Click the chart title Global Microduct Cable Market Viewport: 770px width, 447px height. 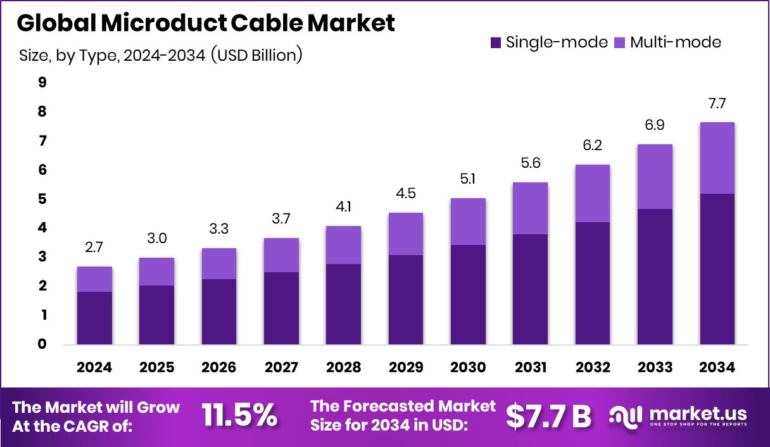(x=205, y=23)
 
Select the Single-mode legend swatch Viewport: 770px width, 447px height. (x=496, y=43)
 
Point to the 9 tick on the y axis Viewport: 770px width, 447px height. (x=42, y=82)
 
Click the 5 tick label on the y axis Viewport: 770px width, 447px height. (x=42, y=199)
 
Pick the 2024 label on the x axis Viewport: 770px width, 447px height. (x=94, y=368)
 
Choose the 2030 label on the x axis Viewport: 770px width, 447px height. (x=468, y=368)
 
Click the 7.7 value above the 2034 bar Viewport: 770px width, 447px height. (x=717, y=104)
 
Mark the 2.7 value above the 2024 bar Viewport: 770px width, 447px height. (x=94, y=248)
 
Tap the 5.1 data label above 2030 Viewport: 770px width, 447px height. (x=468, y=180)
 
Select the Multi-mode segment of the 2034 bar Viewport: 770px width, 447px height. (x=717, y=158)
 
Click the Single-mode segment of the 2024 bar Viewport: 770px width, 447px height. (x=94, y=318)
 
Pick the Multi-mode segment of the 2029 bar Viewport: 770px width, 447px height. (x=406, y=234)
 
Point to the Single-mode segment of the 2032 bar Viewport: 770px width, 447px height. (x=593, y=283)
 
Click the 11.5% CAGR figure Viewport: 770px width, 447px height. (x=239, y=415)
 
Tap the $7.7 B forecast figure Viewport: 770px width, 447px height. (x=548, y=415)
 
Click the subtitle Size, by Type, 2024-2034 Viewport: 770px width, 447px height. (x=161, y=56)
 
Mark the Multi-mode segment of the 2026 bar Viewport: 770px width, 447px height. (x=219, y=263)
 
